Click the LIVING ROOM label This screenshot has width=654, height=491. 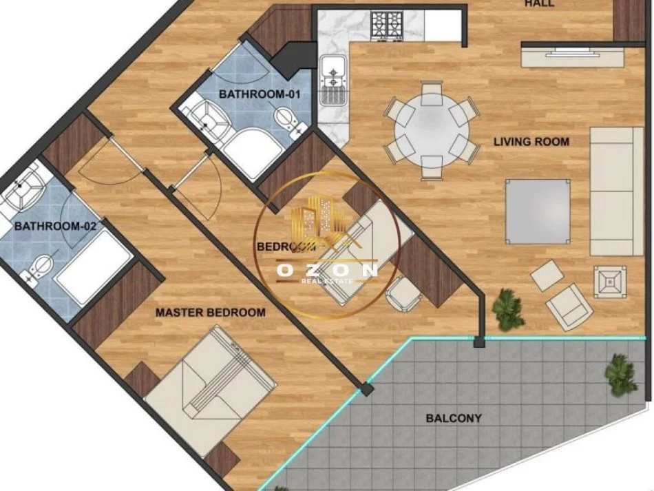(x=531, y=142)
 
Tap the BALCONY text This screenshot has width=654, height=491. (x=453, y=418)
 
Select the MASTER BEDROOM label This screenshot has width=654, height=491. (x=210, y=313)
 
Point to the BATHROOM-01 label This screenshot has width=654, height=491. (x=261, y=94)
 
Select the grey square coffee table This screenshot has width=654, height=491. (x=538, y=211)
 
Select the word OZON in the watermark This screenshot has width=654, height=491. (x=327, y=271)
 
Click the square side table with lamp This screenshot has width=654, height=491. (x=609, y=281)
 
